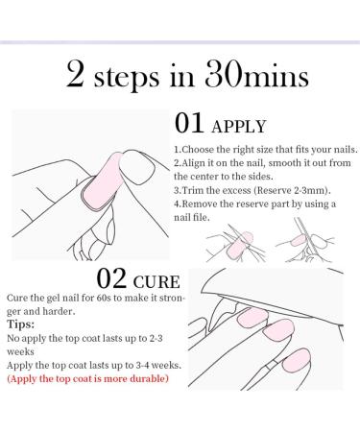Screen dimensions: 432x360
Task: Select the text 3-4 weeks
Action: coord(150,366)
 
